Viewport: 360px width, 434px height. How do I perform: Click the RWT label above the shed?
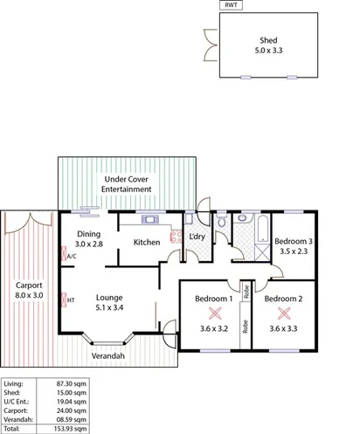point(231,5)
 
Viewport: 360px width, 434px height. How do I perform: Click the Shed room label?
point(268,40)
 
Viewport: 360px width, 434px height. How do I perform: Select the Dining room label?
point(89,234)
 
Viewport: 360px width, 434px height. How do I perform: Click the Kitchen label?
point(146,242)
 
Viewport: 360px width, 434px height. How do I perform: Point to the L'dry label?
point(197,238)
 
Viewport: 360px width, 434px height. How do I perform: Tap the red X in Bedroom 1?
point(213,315)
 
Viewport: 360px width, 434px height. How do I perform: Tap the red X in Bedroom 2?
point(282,315)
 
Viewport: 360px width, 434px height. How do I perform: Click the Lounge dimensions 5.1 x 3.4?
point(109,307)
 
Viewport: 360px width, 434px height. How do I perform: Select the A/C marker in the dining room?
point(71,258)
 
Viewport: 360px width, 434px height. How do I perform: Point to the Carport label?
point(30,285)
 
